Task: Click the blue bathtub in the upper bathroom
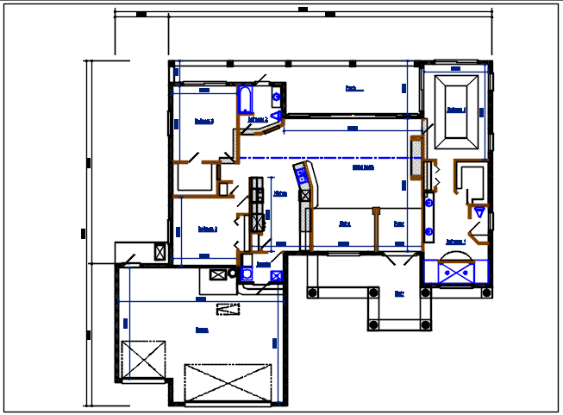pyautogui.click(x=244, y=100)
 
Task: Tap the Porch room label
pyautogui.click(x=351, y=88)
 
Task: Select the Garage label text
pyautogui.click(x=202, y=330)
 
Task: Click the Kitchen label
pyautogui.click(x=280, y=194)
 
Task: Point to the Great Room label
pyautogui.click(x=363, y=168)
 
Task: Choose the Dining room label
pyautogui.click(x=345, y=223)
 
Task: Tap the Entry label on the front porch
pyautogui.click(x=399, y=293)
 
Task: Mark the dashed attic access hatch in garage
pyautogui.click(x=228, y=308)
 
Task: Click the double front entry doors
pyautogui.click(x=399, y=259)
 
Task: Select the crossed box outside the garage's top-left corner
pyautogui.click(x=160, y=252)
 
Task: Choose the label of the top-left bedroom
pyautogui.click(x=203, y=121)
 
